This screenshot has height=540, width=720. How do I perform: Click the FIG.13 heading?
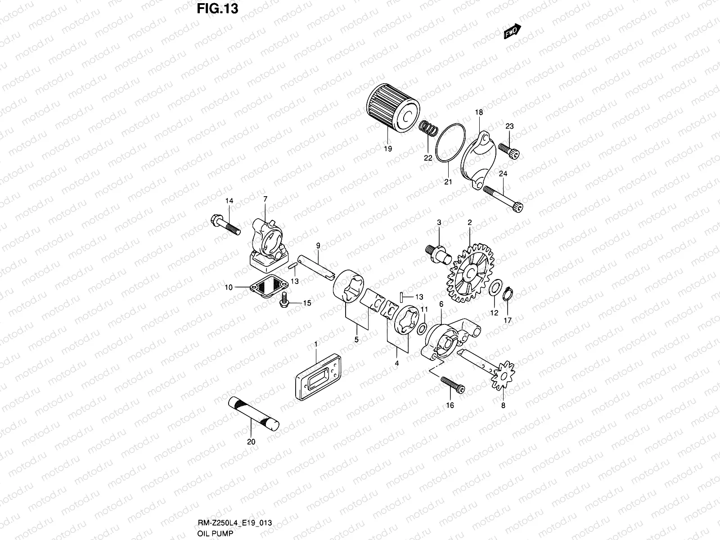tap(217, 9)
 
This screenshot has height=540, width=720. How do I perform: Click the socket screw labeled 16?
tap(452, 384)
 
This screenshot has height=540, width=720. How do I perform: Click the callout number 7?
tap(265, 199)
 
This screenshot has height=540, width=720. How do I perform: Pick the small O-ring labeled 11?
tap(422, 328)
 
